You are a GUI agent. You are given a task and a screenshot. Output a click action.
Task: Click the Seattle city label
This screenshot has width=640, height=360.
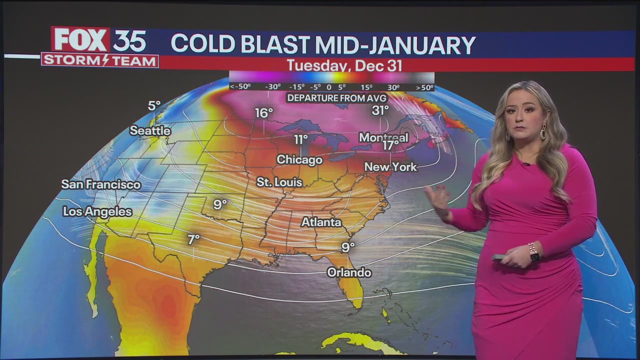pyautogui.click(x=150, y=131)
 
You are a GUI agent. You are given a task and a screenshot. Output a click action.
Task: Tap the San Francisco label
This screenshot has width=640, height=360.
pyautogui.click(x=101, y=184)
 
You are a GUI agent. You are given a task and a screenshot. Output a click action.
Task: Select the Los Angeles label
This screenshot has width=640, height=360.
pyautogui.click(x=97, y=211)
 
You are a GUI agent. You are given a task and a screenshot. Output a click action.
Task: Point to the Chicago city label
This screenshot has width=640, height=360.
pyautogui.click(x=299, y=160)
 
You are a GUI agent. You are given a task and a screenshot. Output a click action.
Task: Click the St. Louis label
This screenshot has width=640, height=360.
pyautogui.click(x=279, y=182)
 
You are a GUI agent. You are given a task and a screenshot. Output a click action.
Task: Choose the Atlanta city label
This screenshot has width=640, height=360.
pyautogui.click(x=321, y=222)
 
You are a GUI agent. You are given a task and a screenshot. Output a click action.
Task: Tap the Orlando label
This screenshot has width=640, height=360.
pyautogui.click(x=349, y=272)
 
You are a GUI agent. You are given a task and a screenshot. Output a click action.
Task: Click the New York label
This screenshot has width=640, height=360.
pyautogui.click(x=390, y=167)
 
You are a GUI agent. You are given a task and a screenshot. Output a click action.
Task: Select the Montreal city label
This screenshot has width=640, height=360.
pyautogui.click(x=383, y=137)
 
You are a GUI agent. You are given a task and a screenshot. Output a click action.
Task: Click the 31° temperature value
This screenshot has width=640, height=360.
pyautogui.click(x=380, y=110)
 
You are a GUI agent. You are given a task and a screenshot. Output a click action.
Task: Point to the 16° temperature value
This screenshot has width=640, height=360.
pyautogui.click(x=264, y=113)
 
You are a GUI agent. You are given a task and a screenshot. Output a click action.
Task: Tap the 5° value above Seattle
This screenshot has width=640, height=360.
pyautogui.click(x=154, y=106)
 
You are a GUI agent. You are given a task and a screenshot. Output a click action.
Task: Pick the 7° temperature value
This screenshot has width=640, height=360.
pyautogui.click(x=193, y=240)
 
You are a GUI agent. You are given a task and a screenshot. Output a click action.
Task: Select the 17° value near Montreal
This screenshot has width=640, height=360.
pyautogui.click(x=390, y=145)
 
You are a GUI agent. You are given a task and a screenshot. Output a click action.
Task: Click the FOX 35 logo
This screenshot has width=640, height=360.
pyautogui.click(x=99, y=40)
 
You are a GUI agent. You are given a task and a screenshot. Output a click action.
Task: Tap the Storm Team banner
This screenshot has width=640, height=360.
pyautogui.click(x=100, y=60)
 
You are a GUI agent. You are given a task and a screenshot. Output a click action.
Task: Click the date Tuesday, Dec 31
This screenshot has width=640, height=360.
pyautogui.click(x=344, y=66)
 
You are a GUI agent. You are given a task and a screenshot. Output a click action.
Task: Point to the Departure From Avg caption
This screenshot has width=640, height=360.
pyautogui.click(x=336, y=98)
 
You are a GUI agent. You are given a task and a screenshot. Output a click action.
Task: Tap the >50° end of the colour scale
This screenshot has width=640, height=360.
pyautogui.click(x=424, y=87)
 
